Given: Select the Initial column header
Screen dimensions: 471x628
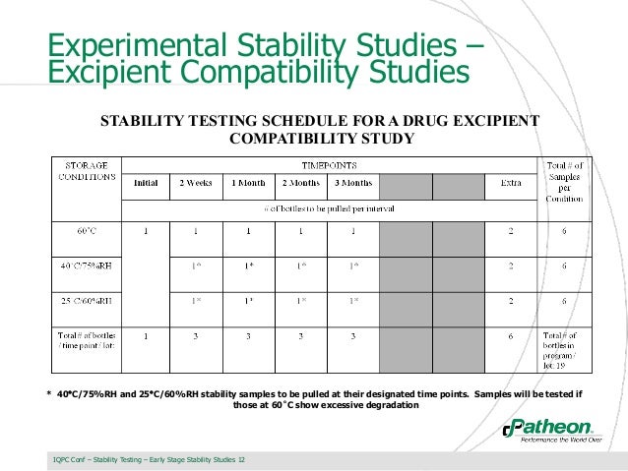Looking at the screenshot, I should pos(146,183).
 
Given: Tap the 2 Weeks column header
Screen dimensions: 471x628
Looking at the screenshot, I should pos(195,183).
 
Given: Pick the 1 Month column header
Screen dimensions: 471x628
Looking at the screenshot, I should pos(248,183).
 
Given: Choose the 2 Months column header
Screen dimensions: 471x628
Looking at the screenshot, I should pos(300,183).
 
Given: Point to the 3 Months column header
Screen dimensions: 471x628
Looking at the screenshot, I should pos(352,183).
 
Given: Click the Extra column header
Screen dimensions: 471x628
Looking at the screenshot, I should pos(510,183).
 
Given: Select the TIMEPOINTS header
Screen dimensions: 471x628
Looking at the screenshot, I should pos(329,164).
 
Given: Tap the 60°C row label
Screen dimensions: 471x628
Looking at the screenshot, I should pos(86,232).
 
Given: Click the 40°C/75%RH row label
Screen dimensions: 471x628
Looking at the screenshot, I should pos(86,265).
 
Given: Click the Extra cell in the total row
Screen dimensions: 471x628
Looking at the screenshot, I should pos(510,336).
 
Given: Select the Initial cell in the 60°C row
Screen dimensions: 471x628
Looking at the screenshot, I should pos(146,232).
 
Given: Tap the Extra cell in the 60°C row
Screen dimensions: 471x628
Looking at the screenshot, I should pos(510,232).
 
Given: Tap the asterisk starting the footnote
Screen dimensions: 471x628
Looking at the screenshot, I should pos(49,395).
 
